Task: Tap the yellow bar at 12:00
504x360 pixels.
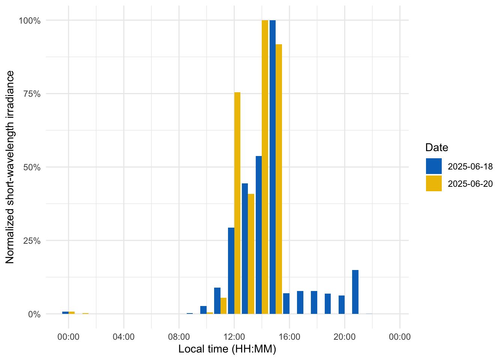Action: pyautogui.click(x=237, y=203)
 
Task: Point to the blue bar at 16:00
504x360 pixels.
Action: pyautogui.click(x=286, y=303)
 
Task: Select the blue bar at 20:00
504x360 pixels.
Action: pyautogui.click(x=342, y=304)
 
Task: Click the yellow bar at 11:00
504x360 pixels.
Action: pyautogui.click(x=223, y=306)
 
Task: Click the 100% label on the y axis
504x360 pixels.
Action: pyautogui.click(x=29, y=21)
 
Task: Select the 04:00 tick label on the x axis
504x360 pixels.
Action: pyautogui.click(x=123, y=337)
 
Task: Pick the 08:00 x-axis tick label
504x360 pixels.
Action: pyautogui.click(x=179, y=337)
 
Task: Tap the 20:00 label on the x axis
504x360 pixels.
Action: pyautogui.click(x=345, y=337)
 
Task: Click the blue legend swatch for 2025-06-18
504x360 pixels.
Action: pyautogui.click(x=433, y=166)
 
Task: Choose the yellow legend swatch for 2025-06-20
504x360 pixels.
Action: pyautogui.click(x=433, y=183)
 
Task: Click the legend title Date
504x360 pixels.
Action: pyautogui.click(x=436, y=147)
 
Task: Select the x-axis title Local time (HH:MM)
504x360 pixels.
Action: pyautogui.click(x=227, y=349)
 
